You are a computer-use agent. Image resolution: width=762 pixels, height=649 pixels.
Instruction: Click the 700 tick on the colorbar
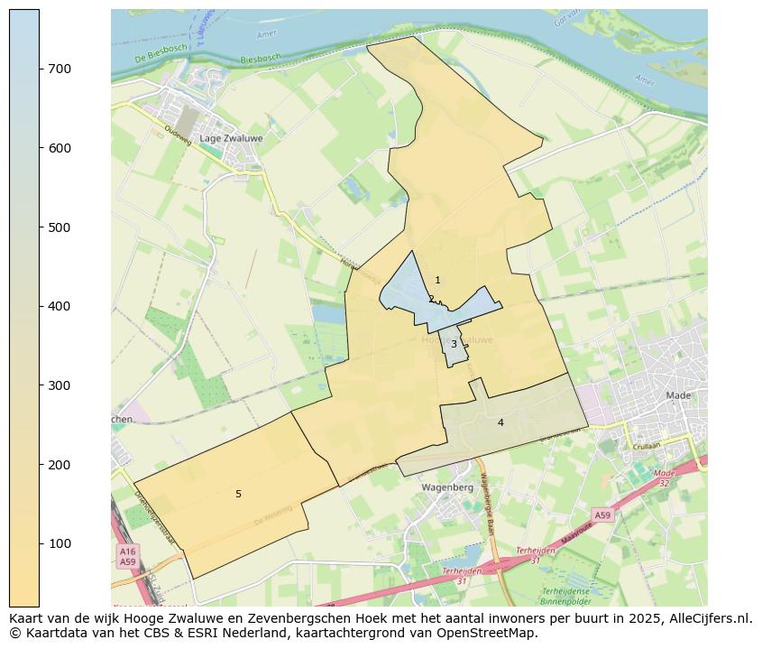(40, 69)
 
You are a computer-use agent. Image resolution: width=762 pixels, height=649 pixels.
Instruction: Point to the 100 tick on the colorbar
(40, 543)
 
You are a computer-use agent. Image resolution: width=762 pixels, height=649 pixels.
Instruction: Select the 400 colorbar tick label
(60, 306)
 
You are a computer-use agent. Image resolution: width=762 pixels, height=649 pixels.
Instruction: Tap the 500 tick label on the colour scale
(60, 227)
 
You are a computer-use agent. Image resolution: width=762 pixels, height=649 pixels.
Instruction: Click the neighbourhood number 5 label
(238, 494)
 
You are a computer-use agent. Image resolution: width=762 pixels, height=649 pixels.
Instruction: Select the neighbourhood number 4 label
(500, 422)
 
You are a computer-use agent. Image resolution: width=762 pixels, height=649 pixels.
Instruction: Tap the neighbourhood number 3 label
(454, 344)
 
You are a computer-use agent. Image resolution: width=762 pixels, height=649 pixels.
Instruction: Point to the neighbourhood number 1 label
(438, 281)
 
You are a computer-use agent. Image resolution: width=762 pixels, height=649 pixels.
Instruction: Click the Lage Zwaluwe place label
(229, 138)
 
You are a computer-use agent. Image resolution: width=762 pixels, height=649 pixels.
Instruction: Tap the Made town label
(678, 395)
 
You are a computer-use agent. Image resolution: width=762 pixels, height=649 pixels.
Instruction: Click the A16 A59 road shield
(127, 556)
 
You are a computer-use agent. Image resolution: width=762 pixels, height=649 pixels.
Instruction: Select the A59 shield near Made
(602, 515)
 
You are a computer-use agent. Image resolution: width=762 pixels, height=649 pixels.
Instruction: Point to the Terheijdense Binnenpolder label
(565, 595)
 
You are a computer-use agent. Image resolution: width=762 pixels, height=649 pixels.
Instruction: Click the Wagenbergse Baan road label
(489, 505)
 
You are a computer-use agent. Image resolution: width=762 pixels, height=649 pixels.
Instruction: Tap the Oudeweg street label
(178, 134)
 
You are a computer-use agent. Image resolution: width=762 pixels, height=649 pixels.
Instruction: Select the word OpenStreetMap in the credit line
(491, 633)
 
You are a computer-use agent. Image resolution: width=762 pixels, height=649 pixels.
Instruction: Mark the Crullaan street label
(647, 445)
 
